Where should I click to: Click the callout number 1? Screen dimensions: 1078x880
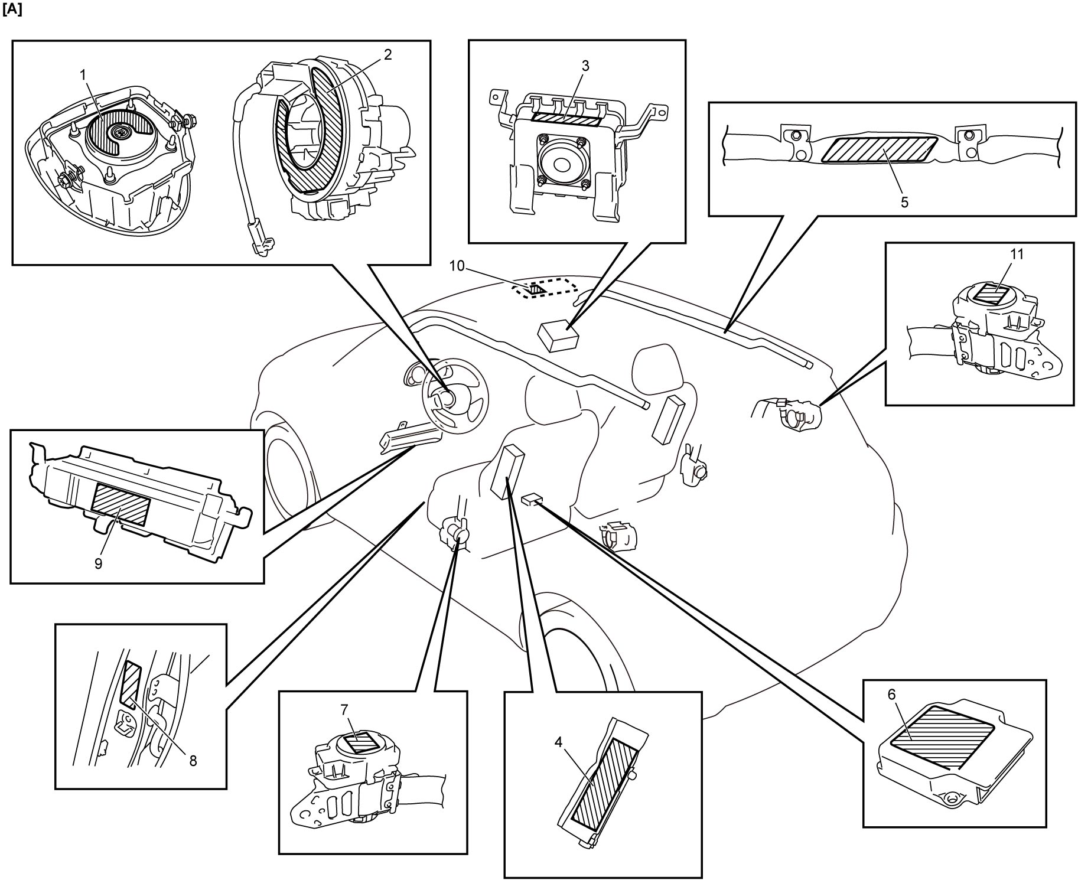click(83, 74)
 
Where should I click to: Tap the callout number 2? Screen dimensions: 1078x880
click(387, 54)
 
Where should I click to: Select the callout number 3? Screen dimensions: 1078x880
click(585, 66)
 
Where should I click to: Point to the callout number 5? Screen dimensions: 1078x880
click(904, 202)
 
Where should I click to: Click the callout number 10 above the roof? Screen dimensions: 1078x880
click(457, 266)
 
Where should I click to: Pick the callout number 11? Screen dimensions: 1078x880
click(1017, 254)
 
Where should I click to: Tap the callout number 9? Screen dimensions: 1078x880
click(99, 563)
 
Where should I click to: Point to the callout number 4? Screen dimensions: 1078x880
click(558, 742)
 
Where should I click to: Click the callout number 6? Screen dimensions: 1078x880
click(891, 695)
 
